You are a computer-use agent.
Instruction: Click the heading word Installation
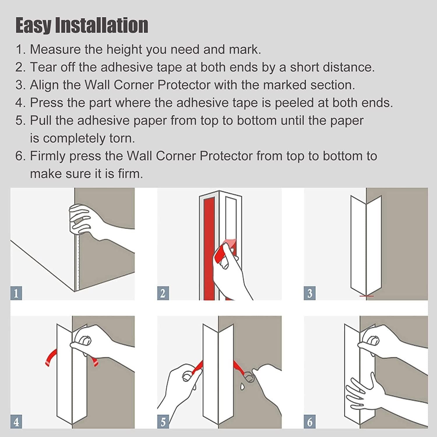coord(102,25)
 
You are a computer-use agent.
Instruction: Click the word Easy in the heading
coord(33,25)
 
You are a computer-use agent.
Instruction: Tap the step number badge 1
coord(16,293)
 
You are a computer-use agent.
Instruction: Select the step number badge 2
coord(163,293)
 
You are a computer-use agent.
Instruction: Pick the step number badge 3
coord(310,293)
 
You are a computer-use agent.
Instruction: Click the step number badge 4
coord(16,422)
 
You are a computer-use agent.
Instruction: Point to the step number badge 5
coord(163,422)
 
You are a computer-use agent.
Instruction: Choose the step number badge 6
coord(310,422)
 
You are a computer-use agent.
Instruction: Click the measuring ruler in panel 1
coord(77,262)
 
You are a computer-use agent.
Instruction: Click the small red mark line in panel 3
coord(366,296)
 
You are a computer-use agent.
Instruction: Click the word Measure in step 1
coord(55,50)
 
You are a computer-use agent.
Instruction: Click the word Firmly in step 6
coord(48,156)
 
